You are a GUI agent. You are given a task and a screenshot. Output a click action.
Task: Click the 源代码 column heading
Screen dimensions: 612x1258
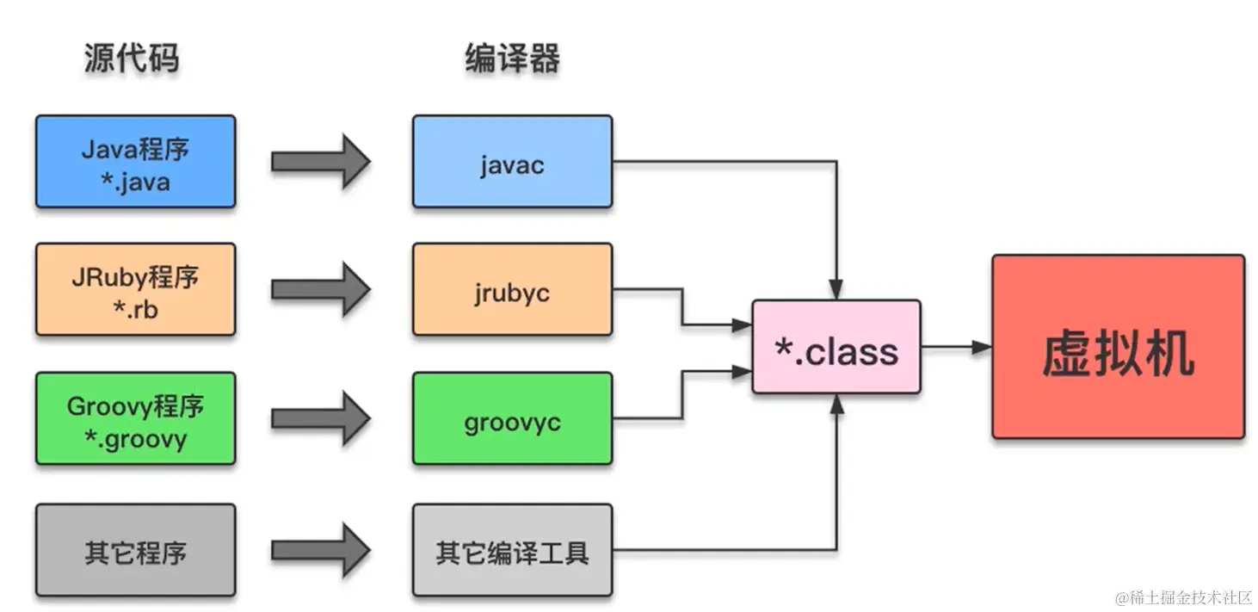point(132,59)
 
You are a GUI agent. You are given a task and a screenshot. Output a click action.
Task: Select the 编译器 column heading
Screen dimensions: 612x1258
point(512,59)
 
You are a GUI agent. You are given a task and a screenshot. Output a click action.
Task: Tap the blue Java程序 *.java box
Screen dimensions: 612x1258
point(135,162)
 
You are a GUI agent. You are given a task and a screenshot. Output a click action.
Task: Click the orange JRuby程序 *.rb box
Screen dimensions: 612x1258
point(135,289)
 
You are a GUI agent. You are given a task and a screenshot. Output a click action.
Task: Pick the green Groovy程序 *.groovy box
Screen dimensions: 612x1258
point(135,419)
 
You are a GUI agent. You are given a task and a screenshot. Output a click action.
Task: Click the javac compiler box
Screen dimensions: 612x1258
point(512,162)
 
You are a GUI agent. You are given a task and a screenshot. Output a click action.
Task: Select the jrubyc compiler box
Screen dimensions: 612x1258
point(512,289)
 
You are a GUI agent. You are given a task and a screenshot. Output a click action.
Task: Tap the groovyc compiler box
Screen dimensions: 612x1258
point(512,419)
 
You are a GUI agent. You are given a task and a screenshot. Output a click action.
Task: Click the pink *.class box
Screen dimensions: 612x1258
point(836,348)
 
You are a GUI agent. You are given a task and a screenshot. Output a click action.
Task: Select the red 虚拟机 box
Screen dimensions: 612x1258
point(1118,348)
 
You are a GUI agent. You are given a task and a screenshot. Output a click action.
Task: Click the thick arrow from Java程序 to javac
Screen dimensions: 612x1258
point(320,162)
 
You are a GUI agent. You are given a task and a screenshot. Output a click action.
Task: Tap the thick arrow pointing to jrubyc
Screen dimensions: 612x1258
point(320,289)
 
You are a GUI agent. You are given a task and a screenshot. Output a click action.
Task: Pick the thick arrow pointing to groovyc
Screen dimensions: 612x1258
point(320,419)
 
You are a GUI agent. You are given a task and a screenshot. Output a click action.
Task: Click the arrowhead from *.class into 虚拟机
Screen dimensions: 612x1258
point(982,348)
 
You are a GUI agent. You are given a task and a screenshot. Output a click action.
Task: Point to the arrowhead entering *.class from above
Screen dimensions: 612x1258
point(836,290)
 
